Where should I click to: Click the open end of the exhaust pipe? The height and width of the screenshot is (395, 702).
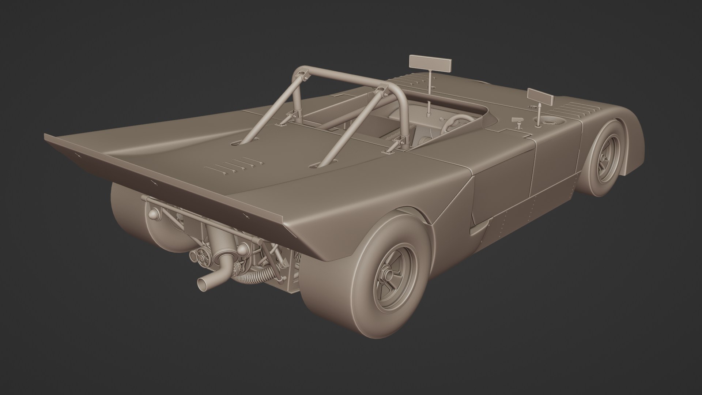[x=202, y=283]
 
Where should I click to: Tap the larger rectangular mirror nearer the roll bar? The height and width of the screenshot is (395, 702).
[x=430, y=64]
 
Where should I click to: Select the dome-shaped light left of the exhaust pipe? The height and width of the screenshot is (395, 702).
[x=153, y=213]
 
